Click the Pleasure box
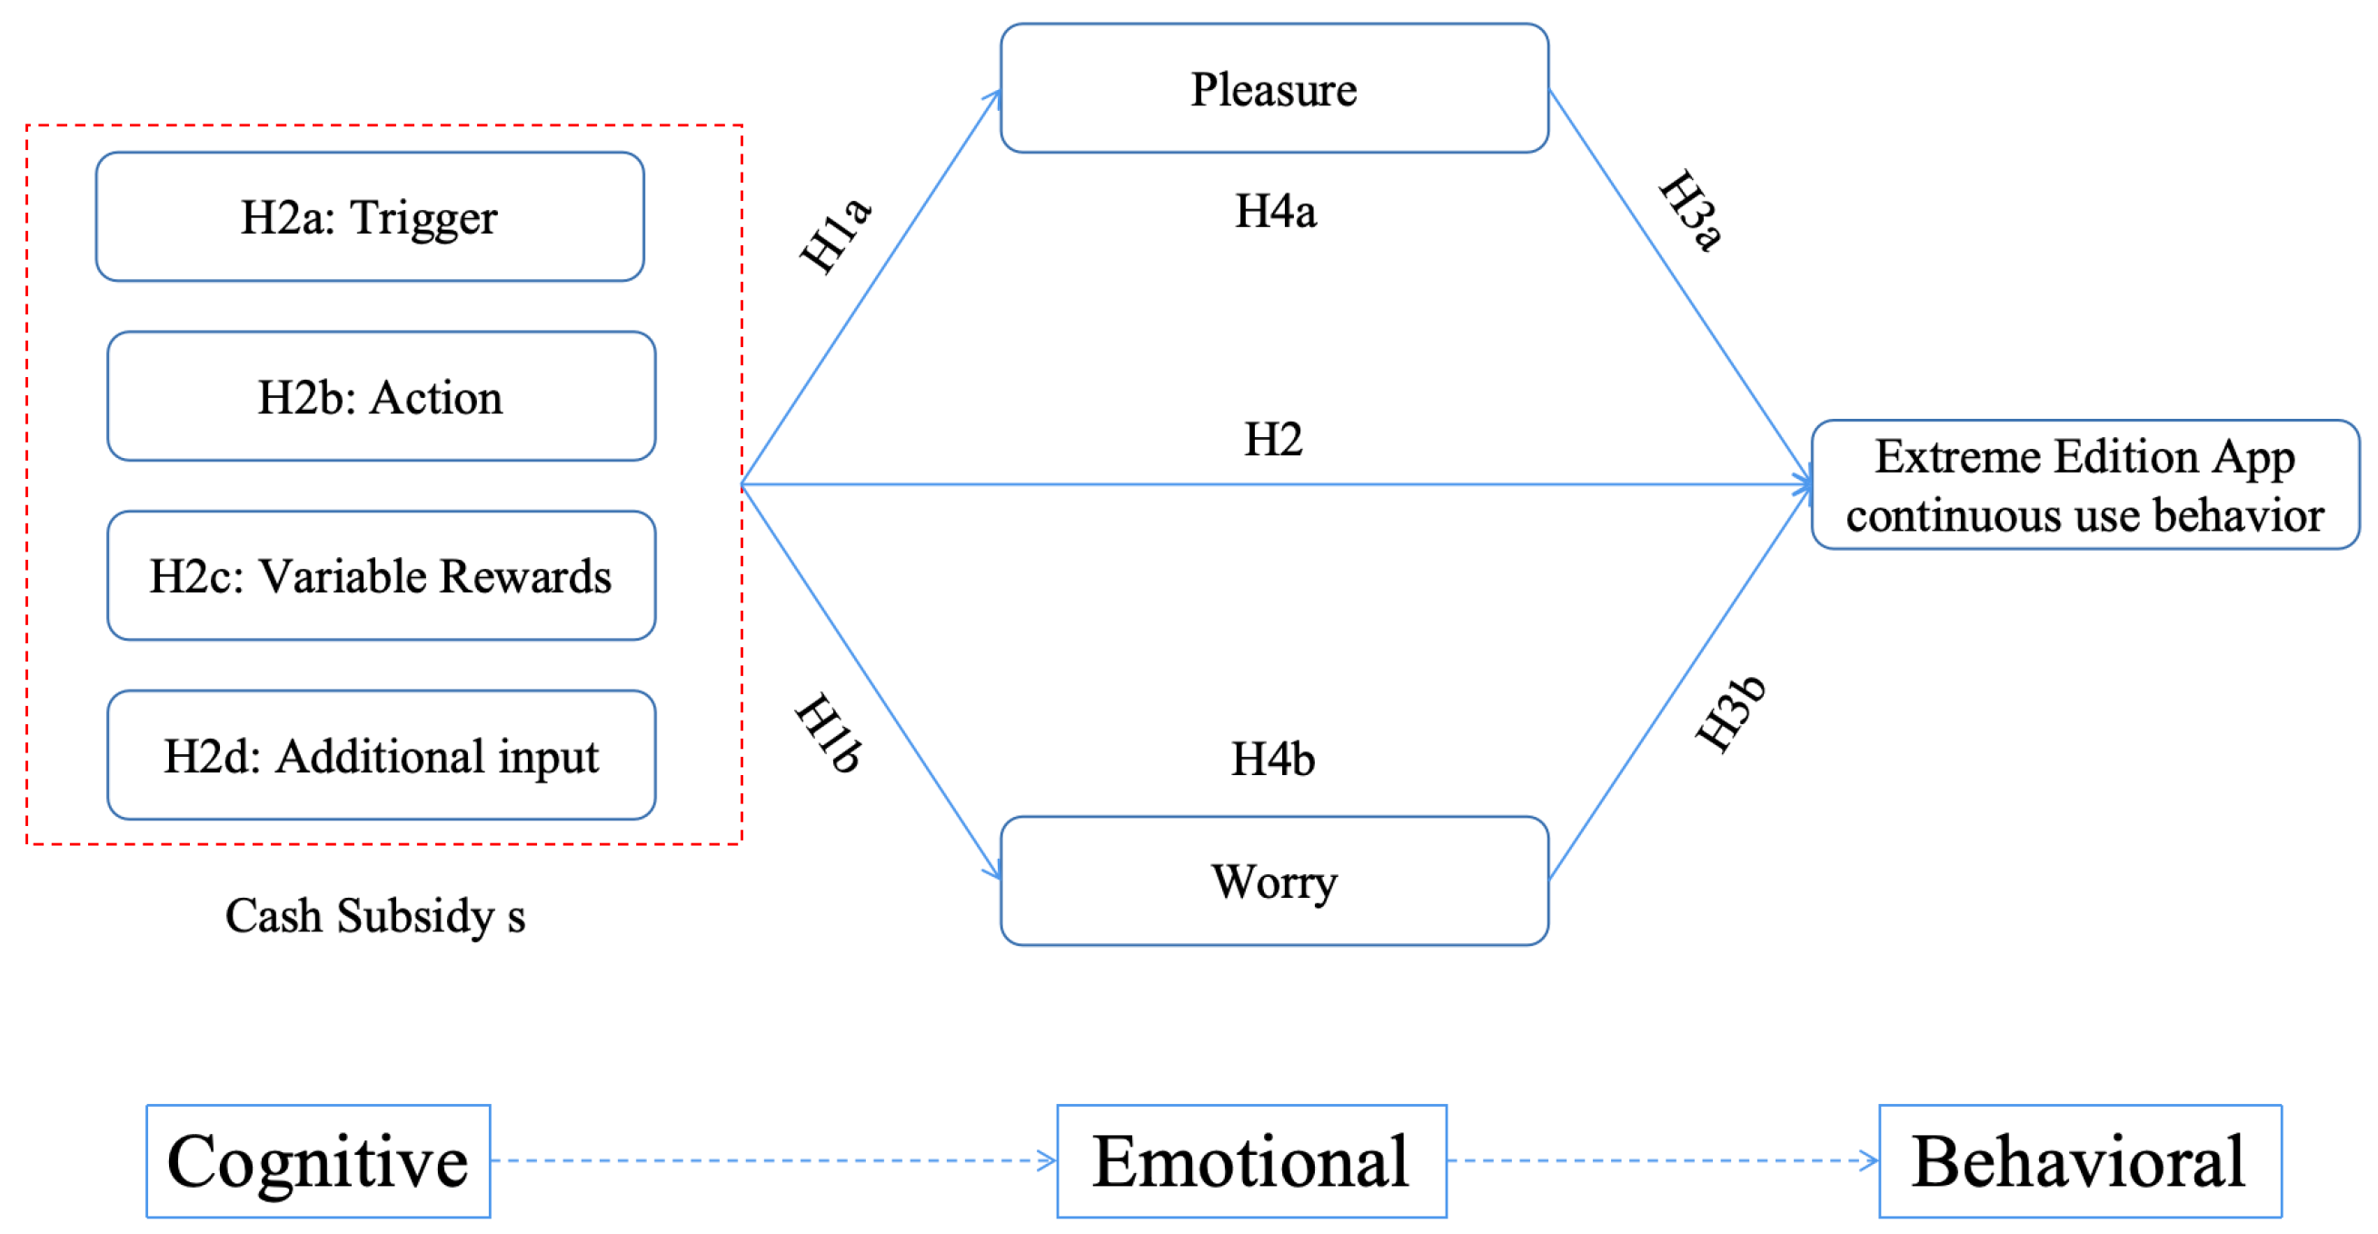coord(1274,89)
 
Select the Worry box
coord(1274,881)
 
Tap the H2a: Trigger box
coord(369,217)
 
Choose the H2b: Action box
coord(381,397)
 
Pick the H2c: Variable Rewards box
coord(381,576)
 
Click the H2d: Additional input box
coord(381,756)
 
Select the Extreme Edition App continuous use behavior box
coord(2084,485)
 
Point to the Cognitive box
coord(317,1161)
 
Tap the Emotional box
coord(1251,1161)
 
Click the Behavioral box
coord(2079,1161)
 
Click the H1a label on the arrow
coord(835,236)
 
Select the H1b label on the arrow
coord(829,731)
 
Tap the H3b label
coord(1730,713)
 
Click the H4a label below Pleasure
coord(1275,212)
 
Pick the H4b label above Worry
coord(1272,760)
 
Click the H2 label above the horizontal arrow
coord(1272,439)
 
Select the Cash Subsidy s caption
coord(374,917)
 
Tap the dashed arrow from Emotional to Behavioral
coord(1662,1161)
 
